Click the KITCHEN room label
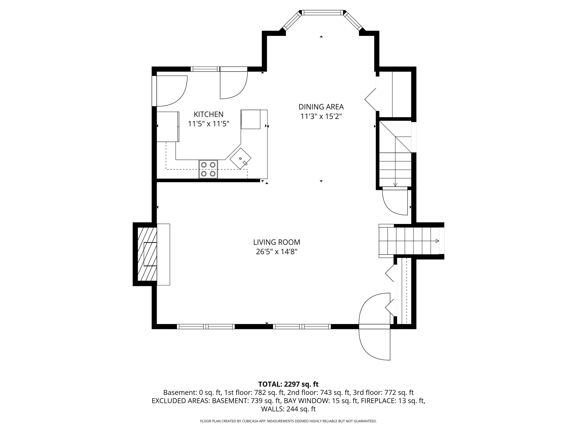[208, 114]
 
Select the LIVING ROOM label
[277, 242]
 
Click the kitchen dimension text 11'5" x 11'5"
[208, 124]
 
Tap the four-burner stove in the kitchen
[208, 169]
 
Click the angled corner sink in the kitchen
[240, 158]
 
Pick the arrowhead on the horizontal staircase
[437, 241]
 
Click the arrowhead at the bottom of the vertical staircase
[395, 185]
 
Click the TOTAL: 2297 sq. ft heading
[288, 384]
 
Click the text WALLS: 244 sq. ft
[288, 409]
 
